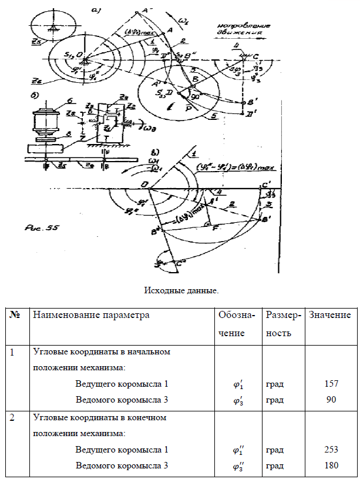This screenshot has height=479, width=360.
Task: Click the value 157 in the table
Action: (x=331, y=384)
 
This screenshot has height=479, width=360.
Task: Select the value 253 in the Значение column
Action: (x=331, y=450)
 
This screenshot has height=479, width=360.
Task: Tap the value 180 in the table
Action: (x=331, y=466)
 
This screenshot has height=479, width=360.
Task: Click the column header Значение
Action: (x=329, y=315)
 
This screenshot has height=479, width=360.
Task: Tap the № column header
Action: (x=15, y=315)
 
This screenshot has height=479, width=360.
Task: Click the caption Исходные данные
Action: (x=181, y=290)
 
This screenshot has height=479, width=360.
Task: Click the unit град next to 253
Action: (x=275, y=450)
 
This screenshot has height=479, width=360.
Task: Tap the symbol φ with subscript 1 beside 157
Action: (x=238, y=384)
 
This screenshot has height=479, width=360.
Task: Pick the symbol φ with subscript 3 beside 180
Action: (x=238, y=466)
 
